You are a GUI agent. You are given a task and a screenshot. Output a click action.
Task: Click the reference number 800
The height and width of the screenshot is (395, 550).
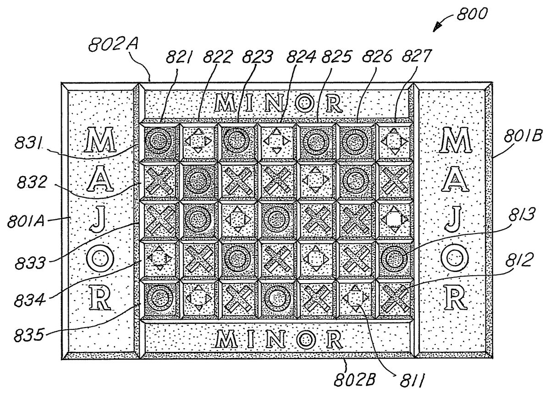click(x=472, y=14)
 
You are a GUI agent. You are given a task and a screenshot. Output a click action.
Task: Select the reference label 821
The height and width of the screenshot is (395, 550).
click(x=178, y=57)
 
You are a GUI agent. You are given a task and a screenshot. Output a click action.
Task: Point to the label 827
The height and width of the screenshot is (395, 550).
click(x=416, y=56)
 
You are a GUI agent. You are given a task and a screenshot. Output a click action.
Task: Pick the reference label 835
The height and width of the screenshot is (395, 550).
click(x=29, y=335)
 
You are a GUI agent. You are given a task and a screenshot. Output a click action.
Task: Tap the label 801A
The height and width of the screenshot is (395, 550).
click(x=26, y=221)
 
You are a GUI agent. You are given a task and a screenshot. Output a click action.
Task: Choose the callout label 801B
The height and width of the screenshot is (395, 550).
click(x=523, y=135)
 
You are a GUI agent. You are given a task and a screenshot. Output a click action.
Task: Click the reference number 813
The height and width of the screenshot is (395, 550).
click(x=521, y=215)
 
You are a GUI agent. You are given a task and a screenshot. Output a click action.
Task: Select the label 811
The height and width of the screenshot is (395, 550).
click(x=412, y=381)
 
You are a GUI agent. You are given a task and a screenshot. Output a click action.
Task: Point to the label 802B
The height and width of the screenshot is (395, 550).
click(x=355, y=380)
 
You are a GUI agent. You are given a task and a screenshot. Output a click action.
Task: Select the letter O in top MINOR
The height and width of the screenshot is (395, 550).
click(x=304, y=103)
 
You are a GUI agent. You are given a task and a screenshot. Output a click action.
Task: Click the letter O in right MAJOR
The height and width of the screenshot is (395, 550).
click(x=455, y=258)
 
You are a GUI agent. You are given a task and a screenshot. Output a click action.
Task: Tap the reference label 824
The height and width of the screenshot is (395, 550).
click(x=301, y=56)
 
